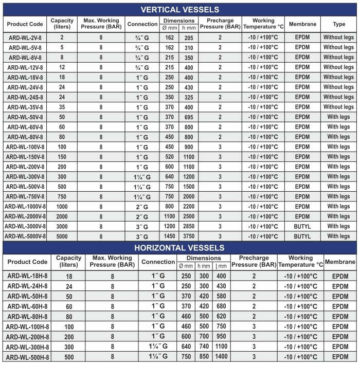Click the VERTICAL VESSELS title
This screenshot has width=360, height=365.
(x=180, y=9)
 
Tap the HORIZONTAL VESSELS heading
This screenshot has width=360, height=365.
(x=180, y=247)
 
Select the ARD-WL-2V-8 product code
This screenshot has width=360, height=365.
(x=26, y=38)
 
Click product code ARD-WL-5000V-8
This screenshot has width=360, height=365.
(x=25, y=236)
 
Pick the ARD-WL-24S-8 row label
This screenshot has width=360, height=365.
(x=26, y=97)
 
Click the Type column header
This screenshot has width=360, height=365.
(x=339, y=24)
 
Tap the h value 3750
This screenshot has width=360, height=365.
(x=188, y=236)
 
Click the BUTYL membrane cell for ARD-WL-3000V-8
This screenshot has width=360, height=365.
(x=302, y=226)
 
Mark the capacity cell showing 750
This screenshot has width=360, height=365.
(x=62, y=196)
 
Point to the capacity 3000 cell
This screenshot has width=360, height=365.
(x=62, y=226)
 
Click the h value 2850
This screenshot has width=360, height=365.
(x=188, y=226)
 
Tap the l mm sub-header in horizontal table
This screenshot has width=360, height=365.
(x=222, y=266)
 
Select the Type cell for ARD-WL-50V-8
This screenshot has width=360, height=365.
(x=339, y=117)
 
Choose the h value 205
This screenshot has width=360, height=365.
(x=188, y=38)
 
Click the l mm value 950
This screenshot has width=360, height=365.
(x=222, y=337)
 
